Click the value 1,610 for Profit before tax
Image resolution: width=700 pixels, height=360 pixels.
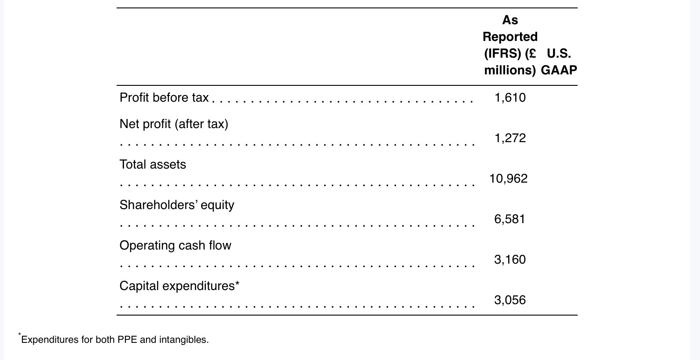click(x=510, y=98)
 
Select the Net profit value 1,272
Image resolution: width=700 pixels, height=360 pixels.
click(x=510, y=138)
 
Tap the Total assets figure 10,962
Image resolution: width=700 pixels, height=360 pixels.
click(x=508, y=179)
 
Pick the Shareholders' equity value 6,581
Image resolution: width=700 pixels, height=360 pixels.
click(x=509, y=219)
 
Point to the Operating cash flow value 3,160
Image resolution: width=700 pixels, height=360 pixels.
click(x=509, y=260)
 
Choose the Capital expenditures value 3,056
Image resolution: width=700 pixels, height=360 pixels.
click(x=509, y=300)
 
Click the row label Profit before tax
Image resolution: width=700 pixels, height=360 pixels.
click(x=164, y=98)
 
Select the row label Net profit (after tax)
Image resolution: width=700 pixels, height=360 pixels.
click(x=174, y=124)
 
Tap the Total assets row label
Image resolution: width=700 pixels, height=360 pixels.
click(x=153, y=165)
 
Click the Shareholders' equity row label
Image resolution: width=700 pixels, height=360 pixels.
click(x=177, y=205)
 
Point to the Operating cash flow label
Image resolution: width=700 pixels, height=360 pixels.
click(x=175, y=246)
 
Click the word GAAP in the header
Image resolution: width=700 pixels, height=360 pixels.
click(x=559, y=70)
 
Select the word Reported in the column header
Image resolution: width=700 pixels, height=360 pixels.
click(x=510, y=37)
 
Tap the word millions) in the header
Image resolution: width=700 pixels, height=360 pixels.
click(x=510, y=70)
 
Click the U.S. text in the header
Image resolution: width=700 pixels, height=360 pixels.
click(x=559, y=54)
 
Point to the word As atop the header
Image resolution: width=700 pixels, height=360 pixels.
click(x=510, y=20)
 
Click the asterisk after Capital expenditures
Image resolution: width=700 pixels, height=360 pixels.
click(x=238, y=284)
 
